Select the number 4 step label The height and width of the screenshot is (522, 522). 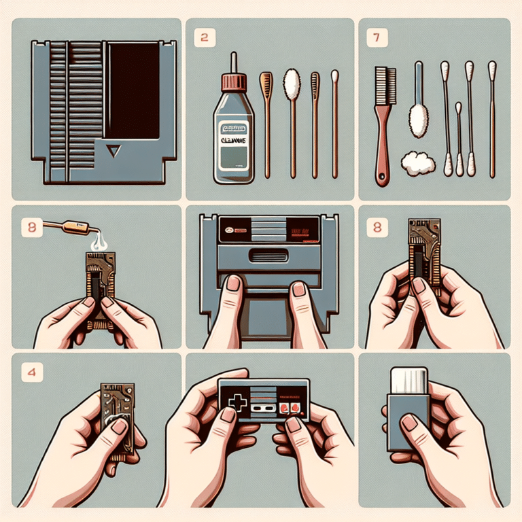point(29,372)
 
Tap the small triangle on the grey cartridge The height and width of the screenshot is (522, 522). point(112,149)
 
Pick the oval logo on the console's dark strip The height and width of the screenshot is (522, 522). point(224,230)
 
